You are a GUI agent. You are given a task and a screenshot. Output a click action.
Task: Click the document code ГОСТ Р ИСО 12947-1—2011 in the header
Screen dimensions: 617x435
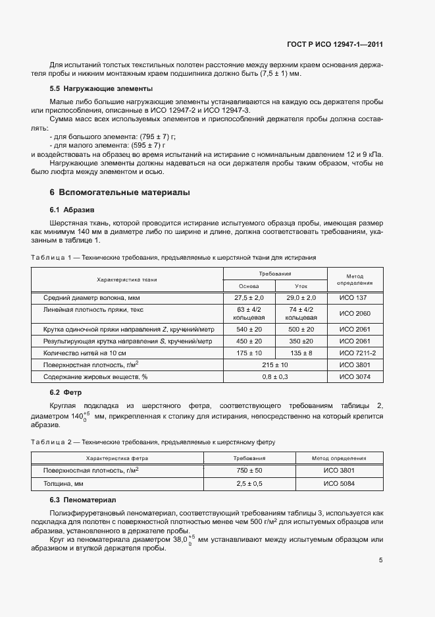[x=335, y=45]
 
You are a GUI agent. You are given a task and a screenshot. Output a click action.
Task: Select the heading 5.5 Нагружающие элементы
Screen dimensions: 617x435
[x=101, y=88]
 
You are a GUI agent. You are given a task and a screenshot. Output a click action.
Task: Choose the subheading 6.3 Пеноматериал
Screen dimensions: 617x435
[x=82, y=501]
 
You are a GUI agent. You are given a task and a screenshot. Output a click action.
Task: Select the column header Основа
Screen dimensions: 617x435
[x=249, y=286]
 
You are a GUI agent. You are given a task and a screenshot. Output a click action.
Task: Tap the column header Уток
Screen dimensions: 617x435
[x=300, y=286]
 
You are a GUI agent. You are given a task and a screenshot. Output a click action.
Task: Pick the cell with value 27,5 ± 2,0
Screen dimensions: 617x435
[x=249, y=299]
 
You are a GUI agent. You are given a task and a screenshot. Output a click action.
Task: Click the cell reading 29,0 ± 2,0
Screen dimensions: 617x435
[x=300, y=299]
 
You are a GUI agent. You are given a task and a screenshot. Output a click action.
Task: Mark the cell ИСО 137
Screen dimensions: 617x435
[x=354, y=299]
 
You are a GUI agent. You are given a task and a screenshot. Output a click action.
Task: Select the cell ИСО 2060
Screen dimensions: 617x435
[x=354, y=313]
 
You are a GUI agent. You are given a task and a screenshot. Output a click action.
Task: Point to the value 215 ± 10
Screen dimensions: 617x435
[x=275, y=365]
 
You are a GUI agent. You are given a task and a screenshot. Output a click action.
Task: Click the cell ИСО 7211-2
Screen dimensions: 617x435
[x=354, y=353]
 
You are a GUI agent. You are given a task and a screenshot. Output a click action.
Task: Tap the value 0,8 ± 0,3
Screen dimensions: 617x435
[x=275, y=376]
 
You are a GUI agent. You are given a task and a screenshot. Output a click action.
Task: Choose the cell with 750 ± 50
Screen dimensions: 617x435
[x=249, y=471]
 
